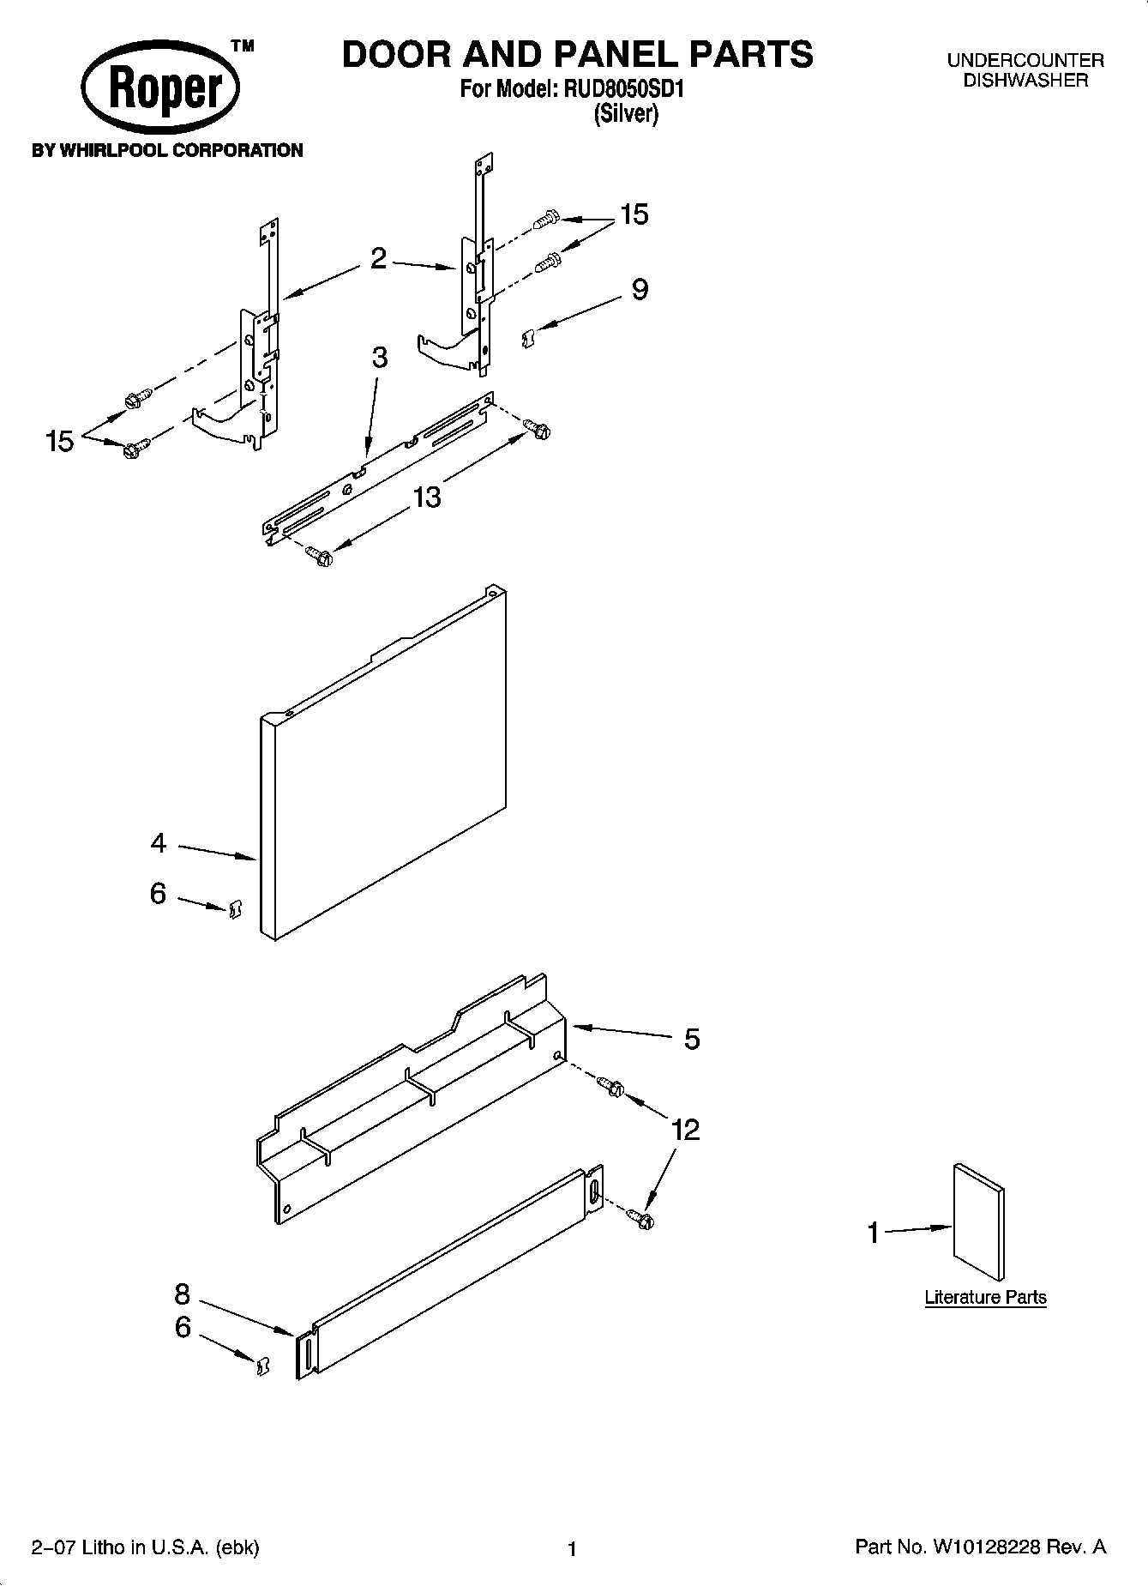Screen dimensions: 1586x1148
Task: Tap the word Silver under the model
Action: (x=626, y=114)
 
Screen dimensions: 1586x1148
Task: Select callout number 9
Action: (x=640, y=290)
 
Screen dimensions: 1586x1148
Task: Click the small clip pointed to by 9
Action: (x=529, y=339)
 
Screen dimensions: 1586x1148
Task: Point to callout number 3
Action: (x=379, y=359)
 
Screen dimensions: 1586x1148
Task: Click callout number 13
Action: (x=427, y=497)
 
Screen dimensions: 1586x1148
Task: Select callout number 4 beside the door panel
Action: (x=158, y=844)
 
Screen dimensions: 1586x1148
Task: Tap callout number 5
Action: (x=692, y=1040)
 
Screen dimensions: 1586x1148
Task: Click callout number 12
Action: (x=686, y=1130)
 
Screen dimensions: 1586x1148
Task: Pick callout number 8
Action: (x=183, y=1294)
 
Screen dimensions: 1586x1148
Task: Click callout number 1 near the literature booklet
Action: (x=873, y=1233)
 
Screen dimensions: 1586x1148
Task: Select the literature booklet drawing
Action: (x=978, y=1221)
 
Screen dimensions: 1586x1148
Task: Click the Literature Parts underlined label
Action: (x=985, y=1297)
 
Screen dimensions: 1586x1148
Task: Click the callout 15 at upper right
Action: (x=634, y=214)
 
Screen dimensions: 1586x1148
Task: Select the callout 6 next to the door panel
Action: (x=158, y=894)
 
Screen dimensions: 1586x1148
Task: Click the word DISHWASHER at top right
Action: (x=1025, y=81)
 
